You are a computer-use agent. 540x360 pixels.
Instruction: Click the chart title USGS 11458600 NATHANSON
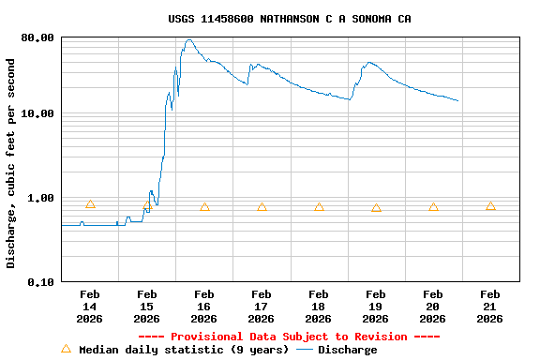289,19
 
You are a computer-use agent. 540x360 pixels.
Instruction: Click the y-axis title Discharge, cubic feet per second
11,163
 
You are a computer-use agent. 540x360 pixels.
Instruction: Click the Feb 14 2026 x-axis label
89,307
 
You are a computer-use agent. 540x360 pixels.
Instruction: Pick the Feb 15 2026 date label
146,307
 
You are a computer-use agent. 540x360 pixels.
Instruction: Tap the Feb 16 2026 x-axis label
203,307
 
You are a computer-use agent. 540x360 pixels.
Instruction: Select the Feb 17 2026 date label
261,307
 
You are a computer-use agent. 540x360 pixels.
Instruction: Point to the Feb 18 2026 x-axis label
318,307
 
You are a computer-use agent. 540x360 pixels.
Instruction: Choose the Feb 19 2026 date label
375,307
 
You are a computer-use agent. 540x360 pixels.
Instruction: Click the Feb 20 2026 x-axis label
432,307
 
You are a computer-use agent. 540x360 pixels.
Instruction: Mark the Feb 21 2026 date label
489,307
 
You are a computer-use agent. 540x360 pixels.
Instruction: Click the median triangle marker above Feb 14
90,204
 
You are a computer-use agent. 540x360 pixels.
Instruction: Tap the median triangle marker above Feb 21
490,205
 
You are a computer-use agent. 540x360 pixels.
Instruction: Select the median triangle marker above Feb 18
319,207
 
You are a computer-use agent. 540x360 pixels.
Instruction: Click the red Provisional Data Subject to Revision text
289,337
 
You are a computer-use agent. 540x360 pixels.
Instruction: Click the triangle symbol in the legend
66,349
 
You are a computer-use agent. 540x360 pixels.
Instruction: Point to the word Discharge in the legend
347,350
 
